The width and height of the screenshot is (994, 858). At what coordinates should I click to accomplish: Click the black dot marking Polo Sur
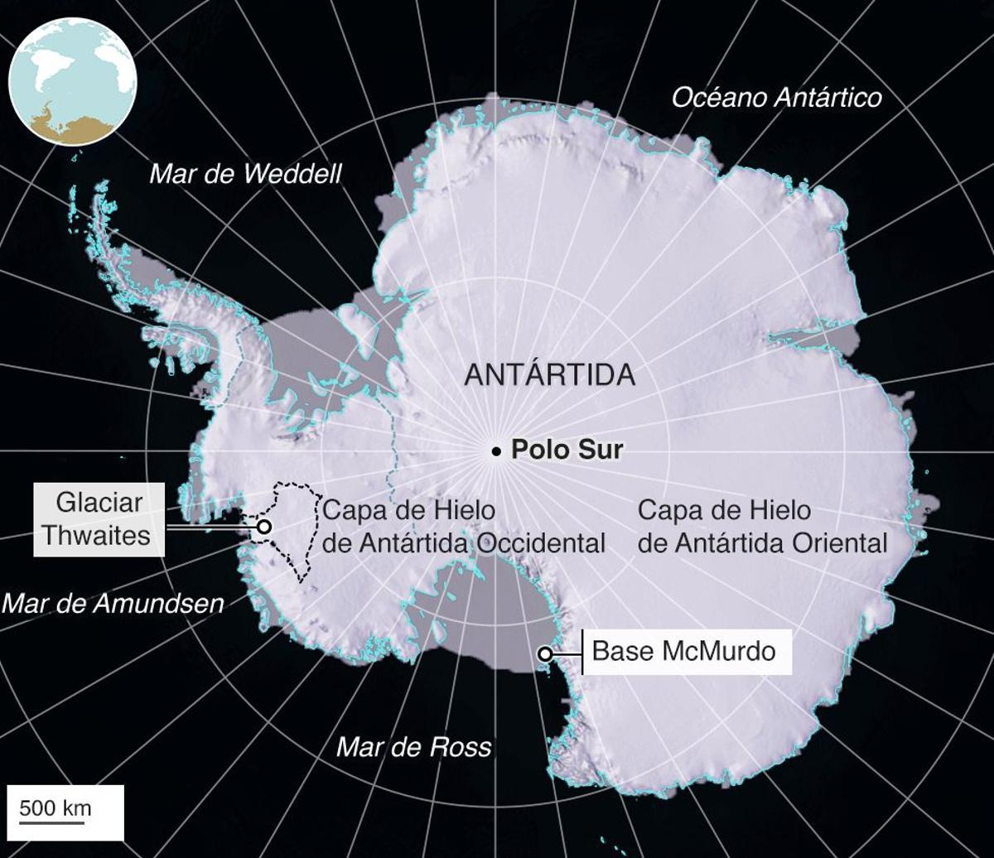point(495,451)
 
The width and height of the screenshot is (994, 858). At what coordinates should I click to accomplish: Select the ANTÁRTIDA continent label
point(549,374)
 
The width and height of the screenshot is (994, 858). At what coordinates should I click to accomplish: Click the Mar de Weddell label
point(245,174)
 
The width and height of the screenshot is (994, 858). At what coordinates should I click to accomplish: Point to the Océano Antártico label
point(776,98)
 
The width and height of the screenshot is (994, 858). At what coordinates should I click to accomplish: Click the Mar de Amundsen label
point(113,603)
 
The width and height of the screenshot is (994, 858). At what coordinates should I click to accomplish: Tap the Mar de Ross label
point(413,747)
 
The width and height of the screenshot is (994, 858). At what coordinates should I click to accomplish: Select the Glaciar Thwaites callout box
point(99,519)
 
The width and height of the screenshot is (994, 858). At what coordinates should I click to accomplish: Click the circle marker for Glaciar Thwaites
point(263,526)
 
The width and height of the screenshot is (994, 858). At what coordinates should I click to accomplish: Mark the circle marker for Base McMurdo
point(545,654)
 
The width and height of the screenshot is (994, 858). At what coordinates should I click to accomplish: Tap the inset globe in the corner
point(72,81)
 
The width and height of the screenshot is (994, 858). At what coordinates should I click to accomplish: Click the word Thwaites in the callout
point(96,535)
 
